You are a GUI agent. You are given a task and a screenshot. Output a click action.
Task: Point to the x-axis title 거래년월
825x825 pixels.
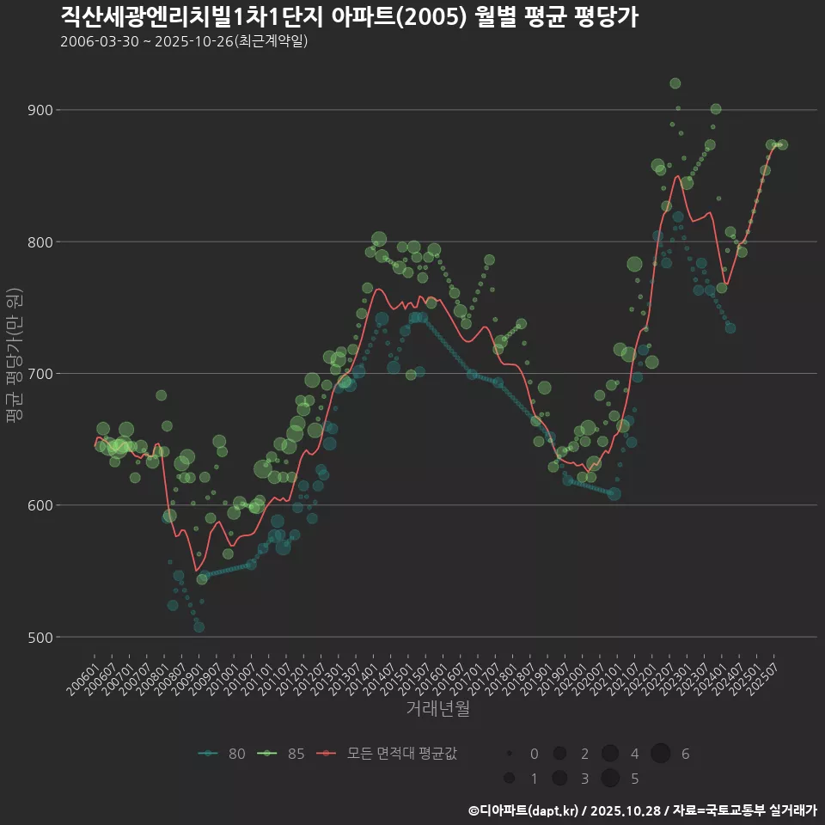click(x=437, y=710)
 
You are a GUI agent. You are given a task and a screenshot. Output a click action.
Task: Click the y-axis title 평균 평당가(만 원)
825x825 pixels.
click(x=15, y=357)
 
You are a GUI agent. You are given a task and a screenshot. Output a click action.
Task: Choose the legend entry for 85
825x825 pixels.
click(x=282, y=754)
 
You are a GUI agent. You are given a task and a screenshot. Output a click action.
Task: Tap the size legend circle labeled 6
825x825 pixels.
click(x=661, y=754)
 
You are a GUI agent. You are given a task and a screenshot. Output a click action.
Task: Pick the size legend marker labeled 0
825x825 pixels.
click(x=510, y=754)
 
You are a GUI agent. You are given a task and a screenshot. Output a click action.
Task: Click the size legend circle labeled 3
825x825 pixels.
click(x=559, y=778)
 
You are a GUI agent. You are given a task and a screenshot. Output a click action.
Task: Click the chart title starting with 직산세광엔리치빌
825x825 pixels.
click(x=349, y=16)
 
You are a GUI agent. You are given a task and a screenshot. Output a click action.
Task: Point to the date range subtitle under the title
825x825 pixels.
click(x=184, y=41)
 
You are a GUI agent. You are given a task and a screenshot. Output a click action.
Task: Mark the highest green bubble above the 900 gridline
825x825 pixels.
click(x=675, y=83)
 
